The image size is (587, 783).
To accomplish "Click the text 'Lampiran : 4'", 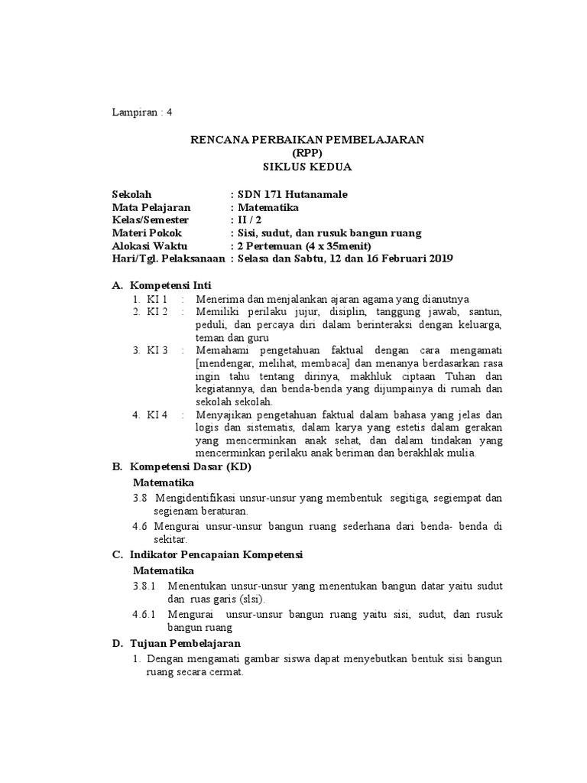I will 142,112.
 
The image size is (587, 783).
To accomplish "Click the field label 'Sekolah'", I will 131,194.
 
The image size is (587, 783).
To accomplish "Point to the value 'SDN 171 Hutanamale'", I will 293,194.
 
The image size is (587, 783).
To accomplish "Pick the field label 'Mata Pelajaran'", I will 151,207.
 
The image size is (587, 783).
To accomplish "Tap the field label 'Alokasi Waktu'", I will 149,245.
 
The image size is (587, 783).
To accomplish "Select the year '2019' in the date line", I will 440,258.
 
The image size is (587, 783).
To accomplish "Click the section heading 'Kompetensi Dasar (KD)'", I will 190,466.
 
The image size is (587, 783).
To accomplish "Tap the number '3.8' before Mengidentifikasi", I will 138,498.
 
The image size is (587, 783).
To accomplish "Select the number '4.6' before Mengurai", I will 138,527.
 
